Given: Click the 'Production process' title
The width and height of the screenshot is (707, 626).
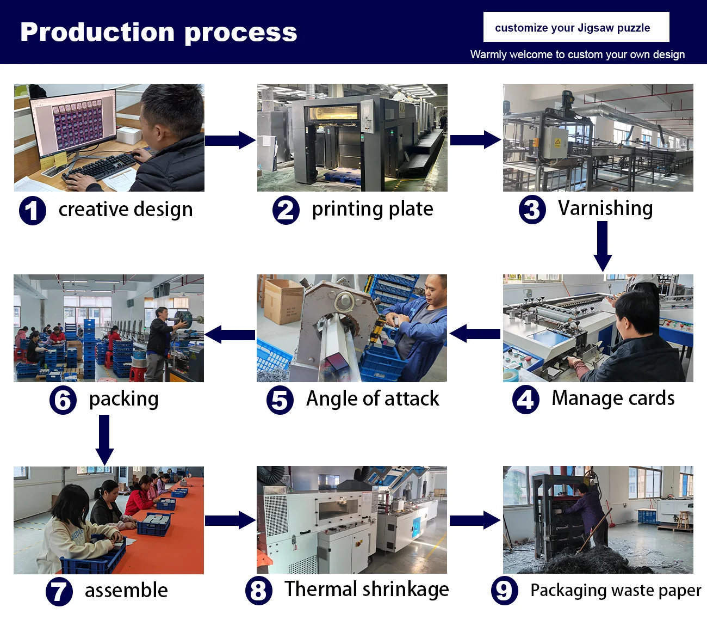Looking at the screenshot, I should pyautogui.click(x=158, y=32).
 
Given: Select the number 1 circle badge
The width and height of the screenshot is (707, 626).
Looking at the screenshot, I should pyautogui.click(x=32, y=211).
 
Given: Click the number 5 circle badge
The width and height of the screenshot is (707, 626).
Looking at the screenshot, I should pyautogui.click(x=280, y=401).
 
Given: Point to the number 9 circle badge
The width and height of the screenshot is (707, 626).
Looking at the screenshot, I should pyautogui.click(x=504, y=591).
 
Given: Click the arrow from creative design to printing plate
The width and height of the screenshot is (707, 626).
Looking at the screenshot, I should pyautogui.click(x=230, y=140).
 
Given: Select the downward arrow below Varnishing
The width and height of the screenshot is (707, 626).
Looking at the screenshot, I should pyautogui.click(x=603, y=246).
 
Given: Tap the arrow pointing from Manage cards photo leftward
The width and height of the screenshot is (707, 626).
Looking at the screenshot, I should pyautogui.click(x=475, y=334).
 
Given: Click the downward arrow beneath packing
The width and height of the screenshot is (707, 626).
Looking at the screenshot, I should pyautogui.click(x=104, y=439).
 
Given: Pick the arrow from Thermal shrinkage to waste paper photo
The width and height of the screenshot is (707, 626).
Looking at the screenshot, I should pyautogui.click(x=475, y=520).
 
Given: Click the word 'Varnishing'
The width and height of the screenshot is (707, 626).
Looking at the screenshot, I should pyautogui.click(x=605, y=208).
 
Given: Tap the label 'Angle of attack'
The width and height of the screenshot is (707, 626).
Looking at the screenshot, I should pyautogui.click(x=373, y=399).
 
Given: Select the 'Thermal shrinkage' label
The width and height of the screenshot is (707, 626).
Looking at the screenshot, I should pyautogui.click(x=367, y=590).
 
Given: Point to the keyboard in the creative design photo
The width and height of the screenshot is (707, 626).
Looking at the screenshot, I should pyautogui.click(x=101, y=166).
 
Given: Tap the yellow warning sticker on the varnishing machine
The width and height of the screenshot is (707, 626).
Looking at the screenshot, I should pyautogui.click(x=557, y=143).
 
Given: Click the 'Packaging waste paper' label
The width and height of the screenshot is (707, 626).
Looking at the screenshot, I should pyautogui.click(x=616, y=591).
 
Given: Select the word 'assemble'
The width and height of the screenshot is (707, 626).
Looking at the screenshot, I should pyautogui.click(x=126, y=591).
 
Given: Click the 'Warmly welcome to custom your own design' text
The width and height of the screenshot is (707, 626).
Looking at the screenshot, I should pyautogui.click(x=577, y=54).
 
